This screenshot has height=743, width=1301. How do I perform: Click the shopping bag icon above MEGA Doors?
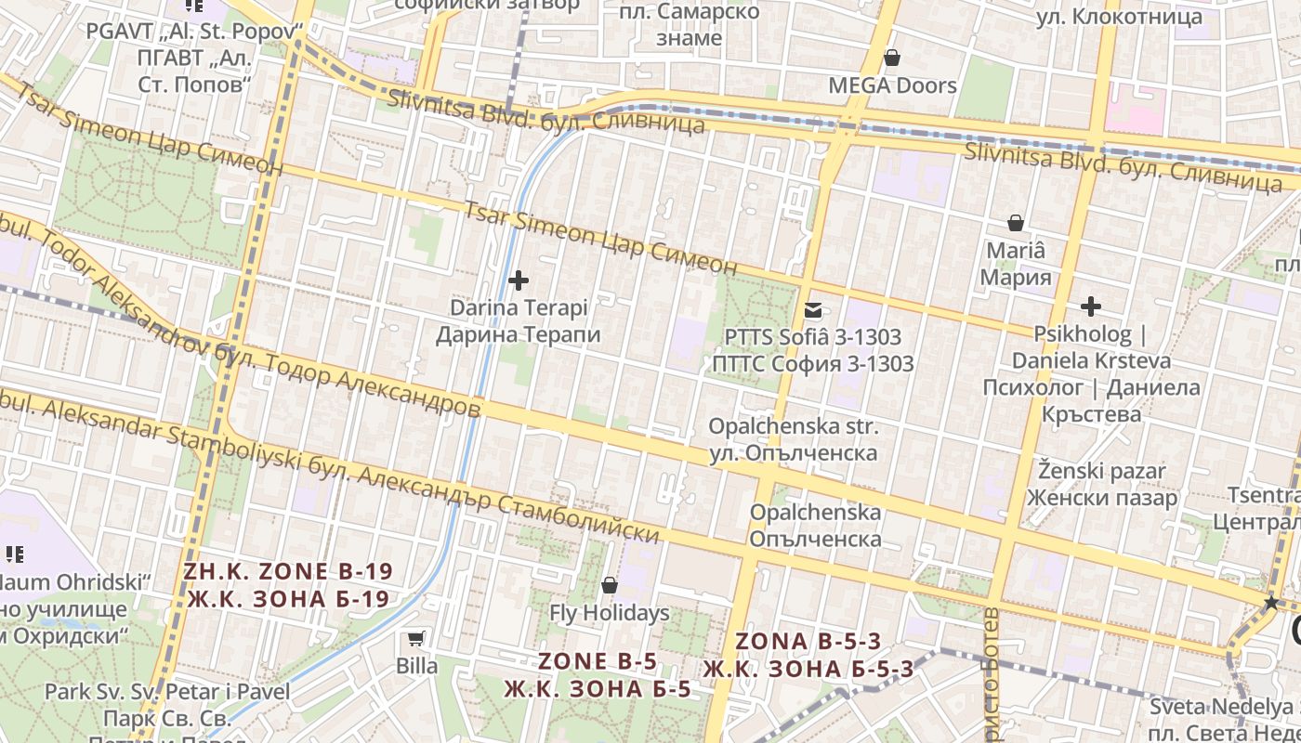click(x=892, y=59)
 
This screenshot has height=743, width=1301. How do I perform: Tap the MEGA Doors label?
click(x=892, y=85)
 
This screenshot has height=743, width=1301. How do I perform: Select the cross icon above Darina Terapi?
click(x=519, y=280)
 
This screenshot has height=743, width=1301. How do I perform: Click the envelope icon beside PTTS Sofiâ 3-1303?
click(x=813, y=310)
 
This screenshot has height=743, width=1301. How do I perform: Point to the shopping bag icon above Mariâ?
click(x=1016, y=223)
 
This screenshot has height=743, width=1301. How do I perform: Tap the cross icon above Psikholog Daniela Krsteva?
click(x=1091, y=306)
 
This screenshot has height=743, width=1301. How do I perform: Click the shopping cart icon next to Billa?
click(x=416, y=638)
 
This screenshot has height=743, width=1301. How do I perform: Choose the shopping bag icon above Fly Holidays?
click(x=610, y=585)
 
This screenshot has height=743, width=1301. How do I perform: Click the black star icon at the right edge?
click(x=1271, y=603)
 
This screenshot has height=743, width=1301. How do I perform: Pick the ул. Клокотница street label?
click(x=1119, y=16)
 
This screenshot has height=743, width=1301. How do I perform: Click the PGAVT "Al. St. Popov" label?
click(x=195, y=31)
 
